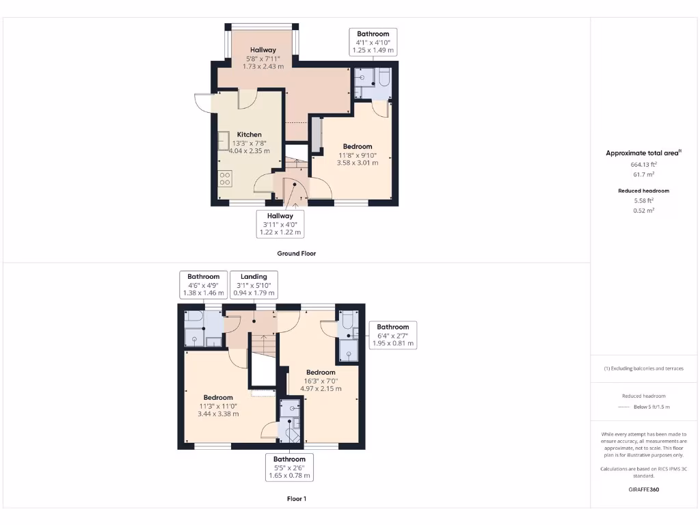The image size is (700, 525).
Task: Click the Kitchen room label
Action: tap(249, 135)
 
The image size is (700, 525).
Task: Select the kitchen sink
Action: tap(223, 139)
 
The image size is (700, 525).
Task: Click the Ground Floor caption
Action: tap(296, 253)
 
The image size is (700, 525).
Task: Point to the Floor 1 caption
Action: tap(296, 499)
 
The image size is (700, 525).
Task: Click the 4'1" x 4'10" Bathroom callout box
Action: tap(373, 42)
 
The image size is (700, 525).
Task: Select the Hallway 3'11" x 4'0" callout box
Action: tap(280, 224)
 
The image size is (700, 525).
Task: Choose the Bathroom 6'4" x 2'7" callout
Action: tap(392, 335)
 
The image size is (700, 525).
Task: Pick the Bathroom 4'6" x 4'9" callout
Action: tap(204, 285)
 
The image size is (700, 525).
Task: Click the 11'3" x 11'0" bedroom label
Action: tap(218, 405)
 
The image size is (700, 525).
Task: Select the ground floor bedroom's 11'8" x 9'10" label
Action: tap(358, 154)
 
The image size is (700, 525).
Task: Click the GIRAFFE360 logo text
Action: tap(644, 489)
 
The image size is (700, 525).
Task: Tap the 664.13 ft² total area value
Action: tap(644, 165)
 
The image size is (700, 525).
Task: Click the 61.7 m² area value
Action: tap(644, 175)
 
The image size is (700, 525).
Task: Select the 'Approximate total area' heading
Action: tap(643, 153)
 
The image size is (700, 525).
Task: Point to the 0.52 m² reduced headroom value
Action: tap(644, 211)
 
